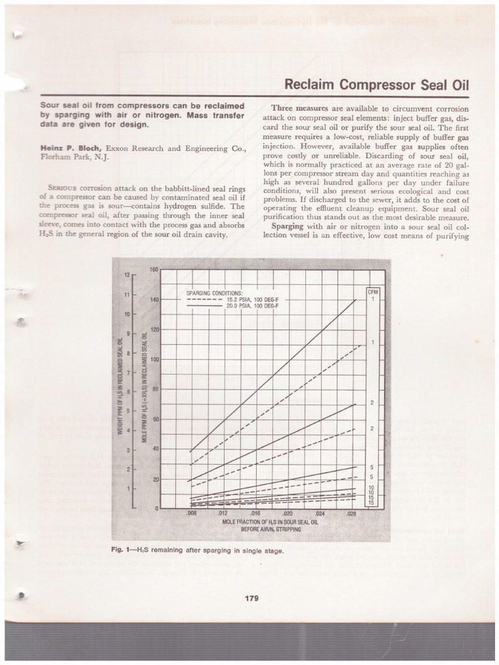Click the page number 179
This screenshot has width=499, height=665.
[x=251, y=598]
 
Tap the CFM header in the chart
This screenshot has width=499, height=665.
[x=373, y=292]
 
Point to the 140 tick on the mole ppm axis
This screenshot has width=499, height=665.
[x=154, y=300]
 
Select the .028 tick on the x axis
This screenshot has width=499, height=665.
[x=352, y=513]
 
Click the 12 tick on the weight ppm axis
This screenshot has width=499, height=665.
[x=128, y=275]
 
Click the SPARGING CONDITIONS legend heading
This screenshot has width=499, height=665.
[x=214, y=294]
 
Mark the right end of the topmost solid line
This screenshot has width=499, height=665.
[x=356, y=300]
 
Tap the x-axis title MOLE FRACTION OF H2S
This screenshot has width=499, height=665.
[x=270, y=521]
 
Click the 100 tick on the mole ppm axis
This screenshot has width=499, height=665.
[x=154, y=359]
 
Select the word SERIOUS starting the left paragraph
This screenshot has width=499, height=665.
[x=55, y=188]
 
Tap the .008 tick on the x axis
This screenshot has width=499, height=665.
[x=192, y=513]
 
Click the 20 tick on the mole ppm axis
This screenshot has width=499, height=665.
[x=155, y=479]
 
